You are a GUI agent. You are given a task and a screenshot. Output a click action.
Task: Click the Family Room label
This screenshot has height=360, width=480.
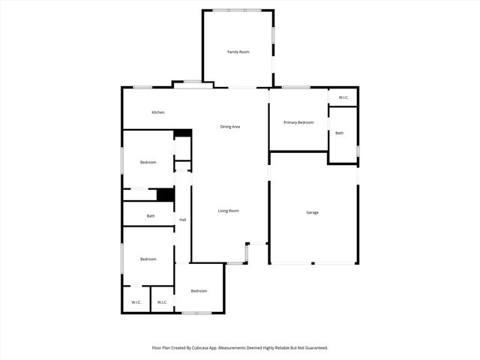click(238, 52)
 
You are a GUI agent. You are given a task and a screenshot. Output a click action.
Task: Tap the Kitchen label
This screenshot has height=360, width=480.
click(158, 112)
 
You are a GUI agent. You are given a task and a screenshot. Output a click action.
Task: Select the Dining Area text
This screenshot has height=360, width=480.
click(230, 127)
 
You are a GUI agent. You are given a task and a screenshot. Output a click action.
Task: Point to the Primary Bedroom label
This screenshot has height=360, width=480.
click(298, 122)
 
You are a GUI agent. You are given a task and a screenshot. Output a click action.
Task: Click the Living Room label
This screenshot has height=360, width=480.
click(229, 211)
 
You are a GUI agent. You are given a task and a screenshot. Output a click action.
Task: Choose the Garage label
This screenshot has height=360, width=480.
click(313, 212)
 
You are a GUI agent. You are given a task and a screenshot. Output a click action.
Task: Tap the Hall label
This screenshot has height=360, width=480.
click(183, 220)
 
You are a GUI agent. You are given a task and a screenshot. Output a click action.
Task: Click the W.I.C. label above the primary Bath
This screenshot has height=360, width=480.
click(343, 97)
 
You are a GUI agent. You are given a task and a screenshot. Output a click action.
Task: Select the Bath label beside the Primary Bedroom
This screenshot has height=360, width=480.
click(340, 133)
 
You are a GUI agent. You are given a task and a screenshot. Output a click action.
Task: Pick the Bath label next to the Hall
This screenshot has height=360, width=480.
click(151, 216)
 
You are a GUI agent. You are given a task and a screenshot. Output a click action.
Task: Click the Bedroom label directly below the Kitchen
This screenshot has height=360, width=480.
click(148, 162)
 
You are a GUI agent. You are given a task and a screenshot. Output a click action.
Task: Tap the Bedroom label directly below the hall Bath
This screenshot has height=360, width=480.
click(148, 259)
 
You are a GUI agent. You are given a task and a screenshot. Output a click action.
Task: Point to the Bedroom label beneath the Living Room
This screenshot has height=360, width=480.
click(199, 291)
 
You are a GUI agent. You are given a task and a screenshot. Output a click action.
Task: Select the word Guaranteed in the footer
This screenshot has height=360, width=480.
click(311, 348)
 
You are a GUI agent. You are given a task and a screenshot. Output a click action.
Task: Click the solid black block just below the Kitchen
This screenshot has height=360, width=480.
click(183, 133)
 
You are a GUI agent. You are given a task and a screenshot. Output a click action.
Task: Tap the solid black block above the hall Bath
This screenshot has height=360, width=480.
click(166, 194)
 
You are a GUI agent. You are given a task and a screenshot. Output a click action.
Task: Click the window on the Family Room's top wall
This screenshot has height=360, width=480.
click(237, 10)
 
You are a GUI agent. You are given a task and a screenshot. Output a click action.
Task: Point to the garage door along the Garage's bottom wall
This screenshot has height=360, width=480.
click(313, 263)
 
